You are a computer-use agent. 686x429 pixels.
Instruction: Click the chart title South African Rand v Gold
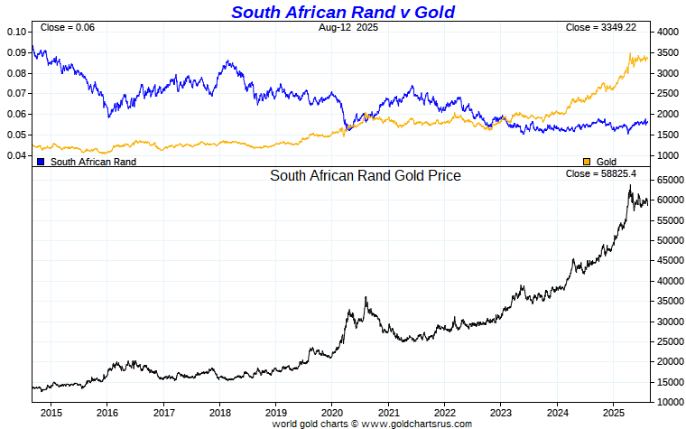pyautogui.click(x=342, y=12)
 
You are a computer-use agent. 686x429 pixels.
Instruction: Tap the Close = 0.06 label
pyautogui.click(x=68, y=28)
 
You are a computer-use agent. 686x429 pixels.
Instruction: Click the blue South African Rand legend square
pyautogui.click(x=41, y=161)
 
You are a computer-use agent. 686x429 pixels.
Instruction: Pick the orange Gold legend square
pyautogui.click(x=587, y=161)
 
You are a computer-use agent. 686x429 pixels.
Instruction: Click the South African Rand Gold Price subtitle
pyautogui.click(x=366, y=176)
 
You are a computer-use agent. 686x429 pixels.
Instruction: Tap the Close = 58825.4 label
pyautogui.click(x=600, y=173)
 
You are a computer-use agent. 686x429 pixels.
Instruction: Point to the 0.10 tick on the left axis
pyautogui.click(x=16, y=32)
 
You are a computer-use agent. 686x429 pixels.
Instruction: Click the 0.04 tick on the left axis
pyautogui.click(x=16, y=155)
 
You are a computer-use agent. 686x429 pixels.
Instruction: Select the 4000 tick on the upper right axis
pyautogui.click(x=666, y=32)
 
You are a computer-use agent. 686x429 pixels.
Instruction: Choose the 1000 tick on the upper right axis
pyautogui.click(x=666, y=155)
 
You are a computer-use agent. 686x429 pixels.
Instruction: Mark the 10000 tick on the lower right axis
pyautogui.click(x=669, y=402)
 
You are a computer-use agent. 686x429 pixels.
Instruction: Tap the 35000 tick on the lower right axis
pyautogui.click(x=669, y=322)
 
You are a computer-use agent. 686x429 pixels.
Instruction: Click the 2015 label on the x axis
pyautogui.click(x=50, y=412)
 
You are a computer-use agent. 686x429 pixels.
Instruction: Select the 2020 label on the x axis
pyautogui.click(x=332, y=412)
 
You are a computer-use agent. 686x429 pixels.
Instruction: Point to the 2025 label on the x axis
pyautogui.click(x=614, y=412)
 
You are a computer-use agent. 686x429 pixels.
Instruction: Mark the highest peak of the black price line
pyautogui.click(x=630, y=185)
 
